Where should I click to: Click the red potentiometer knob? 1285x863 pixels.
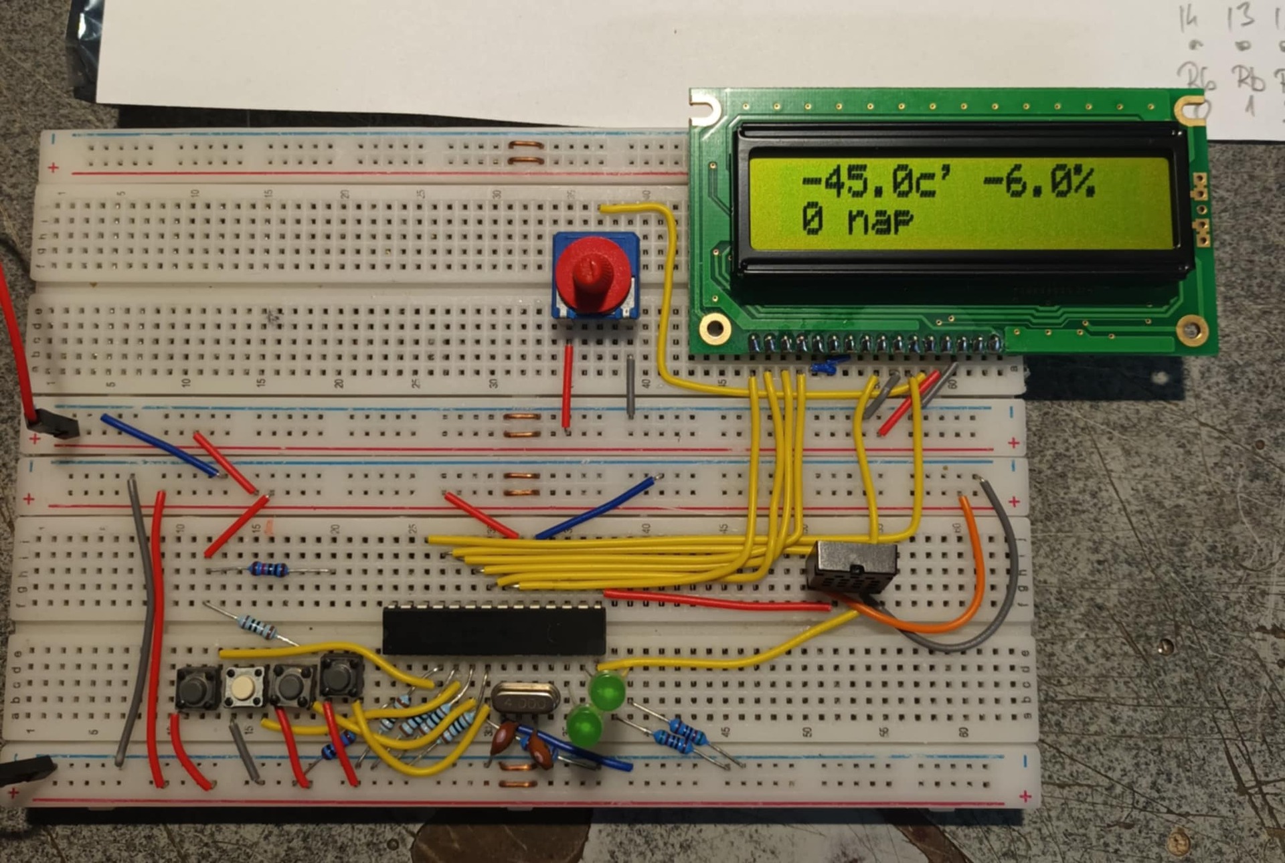pyautogui.click(x=593, y=274)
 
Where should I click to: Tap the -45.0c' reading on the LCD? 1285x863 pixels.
pyautogui.click(x=877, y=182)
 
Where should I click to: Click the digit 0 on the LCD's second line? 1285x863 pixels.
pyautogui.click(x=813, y=219)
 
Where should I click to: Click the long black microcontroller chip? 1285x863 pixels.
pyautogui.click(x=494, y=630)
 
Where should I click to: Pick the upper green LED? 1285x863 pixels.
pyautogui.click(x=608, y=691)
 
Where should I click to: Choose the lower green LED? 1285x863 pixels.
pyautogui.click(x=584, y=726)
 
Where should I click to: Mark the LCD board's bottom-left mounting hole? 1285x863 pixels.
pyautogui.click(x=715, y=328)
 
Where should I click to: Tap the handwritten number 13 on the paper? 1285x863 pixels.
pyautogui.click(x=1240, y=17)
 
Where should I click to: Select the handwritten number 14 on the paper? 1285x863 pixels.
pyautogui.click(x=1189, y=20)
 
